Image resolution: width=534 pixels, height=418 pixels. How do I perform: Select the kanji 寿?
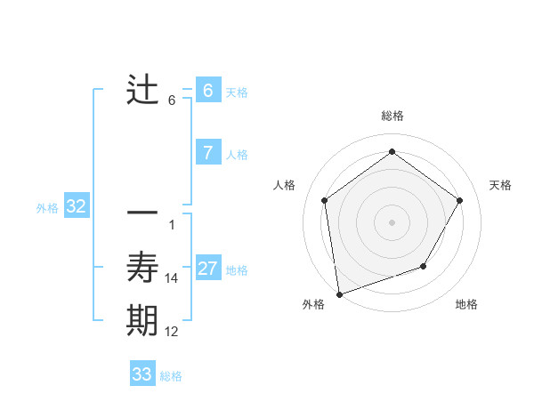(x=142, y=267)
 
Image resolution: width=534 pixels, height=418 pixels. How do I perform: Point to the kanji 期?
(x=142, y=320)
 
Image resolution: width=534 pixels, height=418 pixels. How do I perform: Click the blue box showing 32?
(x=77, y=207)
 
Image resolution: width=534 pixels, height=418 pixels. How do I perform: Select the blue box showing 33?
(x=142, y=374)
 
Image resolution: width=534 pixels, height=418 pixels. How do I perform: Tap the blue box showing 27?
(x=207, y=269)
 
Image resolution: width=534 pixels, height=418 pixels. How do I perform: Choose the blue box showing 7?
(x=207, y=153)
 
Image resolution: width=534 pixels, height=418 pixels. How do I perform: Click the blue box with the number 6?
(x=207, y=91)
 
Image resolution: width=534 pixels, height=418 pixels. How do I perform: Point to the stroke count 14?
(x=172, y=278)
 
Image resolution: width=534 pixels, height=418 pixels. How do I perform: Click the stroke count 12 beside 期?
(x=172, y=332)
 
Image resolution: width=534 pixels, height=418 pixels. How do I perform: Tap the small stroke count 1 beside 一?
(x=172, y=225)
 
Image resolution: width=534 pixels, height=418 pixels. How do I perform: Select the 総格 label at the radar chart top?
(x=392, y=116)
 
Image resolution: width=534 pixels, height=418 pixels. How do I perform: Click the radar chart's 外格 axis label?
(x=313, y=304)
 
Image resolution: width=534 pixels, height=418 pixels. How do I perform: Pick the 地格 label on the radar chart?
(x=466, y=304)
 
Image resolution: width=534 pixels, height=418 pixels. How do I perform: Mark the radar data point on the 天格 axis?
(x=459, y=200)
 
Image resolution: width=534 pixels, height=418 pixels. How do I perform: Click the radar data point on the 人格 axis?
(x=325, y=200)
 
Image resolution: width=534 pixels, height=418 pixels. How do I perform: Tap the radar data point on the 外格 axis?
(x=339, y=293)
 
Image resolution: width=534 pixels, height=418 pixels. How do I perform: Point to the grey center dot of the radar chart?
(x=392, y=221)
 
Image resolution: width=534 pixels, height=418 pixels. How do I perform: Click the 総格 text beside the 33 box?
(x=171, y=376)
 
